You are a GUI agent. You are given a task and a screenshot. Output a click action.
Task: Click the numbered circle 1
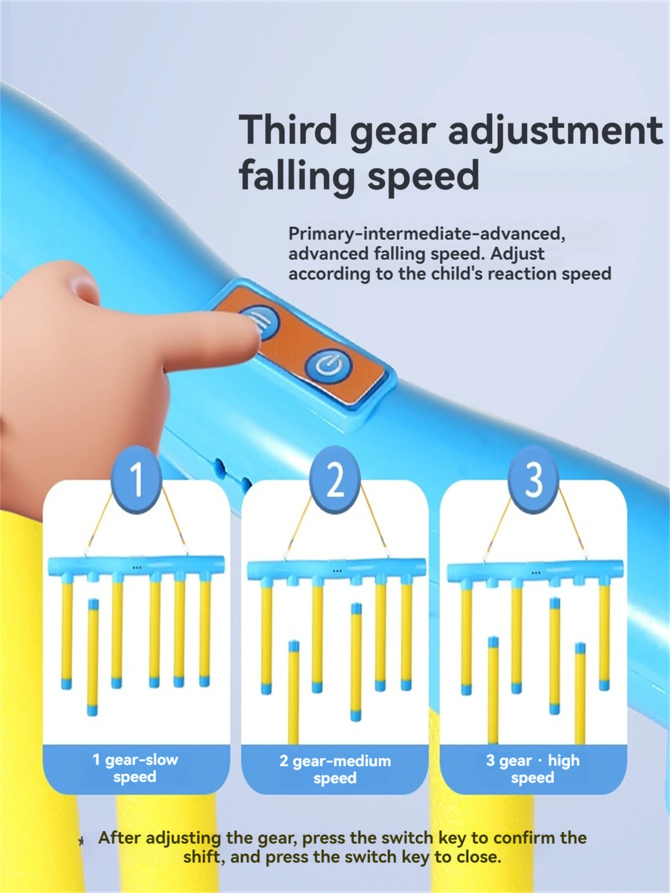click(136, 479)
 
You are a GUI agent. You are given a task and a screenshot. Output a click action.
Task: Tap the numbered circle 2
click(335, 479)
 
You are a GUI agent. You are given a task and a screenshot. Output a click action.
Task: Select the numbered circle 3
click(533, 479)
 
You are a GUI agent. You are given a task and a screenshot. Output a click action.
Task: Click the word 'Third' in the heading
click(288, 130)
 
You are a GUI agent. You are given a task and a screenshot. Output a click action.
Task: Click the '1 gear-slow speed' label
click(135, 768)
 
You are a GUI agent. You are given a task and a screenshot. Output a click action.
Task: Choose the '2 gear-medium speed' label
click(335, 769)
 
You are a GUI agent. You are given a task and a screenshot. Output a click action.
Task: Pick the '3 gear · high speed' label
click(533, 769)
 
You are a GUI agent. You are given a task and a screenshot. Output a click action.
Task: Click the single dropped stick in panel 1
click(93, 656)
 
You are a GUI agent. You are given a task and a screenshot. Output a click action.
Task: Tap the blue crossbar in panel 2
click(336, 568)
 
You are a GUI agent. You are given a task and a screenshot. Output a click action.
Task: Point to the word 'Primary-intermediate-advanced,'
click(426, 234)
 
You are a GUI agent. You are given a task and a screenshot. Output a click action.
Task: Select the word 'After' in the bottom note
click(119, 837)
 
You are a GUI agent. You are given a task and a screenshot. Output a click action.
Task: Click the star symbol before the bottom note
click(81, 841)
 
